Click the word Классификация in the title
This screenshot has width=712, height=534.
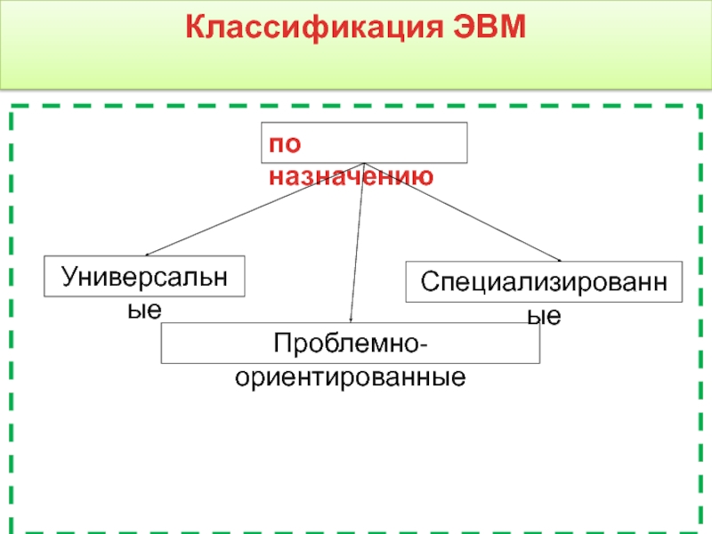302,27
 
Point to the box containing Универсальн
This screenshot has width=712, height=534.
145,276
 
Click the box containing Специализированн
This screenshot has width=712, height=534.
544,282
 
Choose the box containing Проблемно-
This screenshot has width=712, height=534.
350,343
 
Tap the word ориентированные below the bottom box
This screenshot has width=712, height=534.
350,376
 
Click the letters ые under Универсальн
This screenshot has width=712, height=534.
145,310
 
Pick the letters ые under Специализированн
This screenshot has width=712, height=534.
544,316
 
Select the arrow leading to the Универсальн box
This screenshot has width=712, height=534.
254,210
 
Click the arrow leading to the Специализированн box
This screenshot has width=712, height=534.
463,213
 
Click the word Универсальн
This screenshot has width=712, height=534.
145,276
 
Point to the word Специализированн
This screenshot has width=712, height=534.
544,283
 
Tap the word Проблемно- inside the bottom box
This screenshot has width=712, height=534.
350,343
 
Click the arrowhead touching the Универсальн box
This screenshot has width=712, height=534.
149,255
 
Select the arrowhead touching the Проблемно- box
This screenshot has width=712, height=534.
352,320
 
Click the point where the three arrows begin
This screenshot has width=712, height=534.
364,164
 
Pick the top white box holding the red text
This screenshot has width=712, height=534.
364,142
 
